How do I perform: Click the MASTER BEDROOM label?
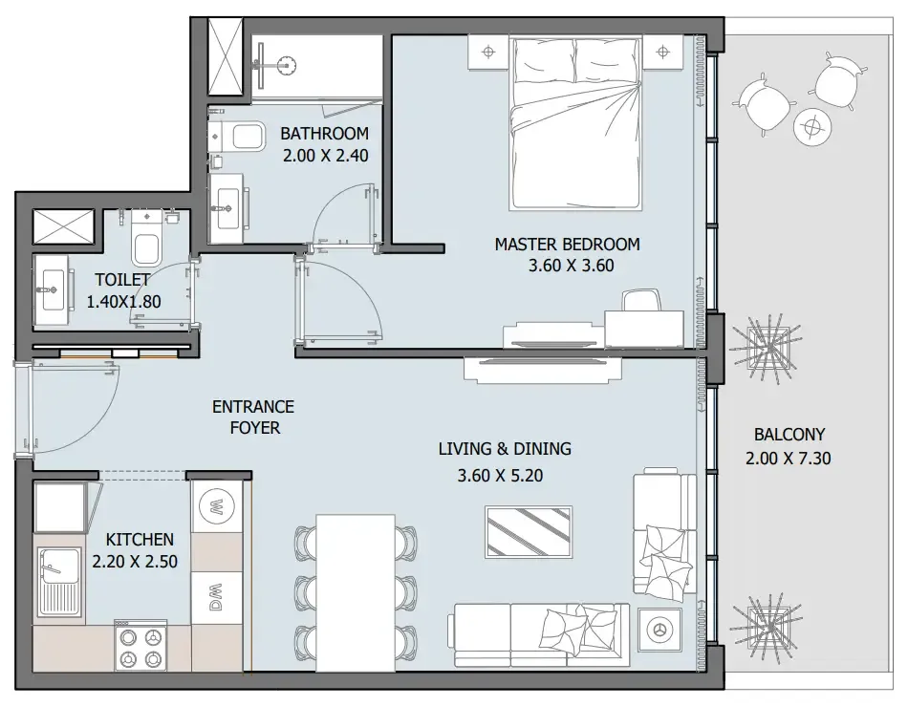click(x=567, y=245)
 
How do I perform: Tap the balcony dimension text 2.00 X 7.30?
click(x=788, y=459)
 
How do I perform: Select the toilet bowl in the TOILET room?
click(x=146, y=246)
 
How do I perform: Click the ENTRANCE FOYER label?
click(x=253, y=417)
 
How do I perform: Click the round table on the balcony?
click(x=813, y=125)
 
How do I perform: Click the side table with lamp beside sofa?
click(x=659, y=629)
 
